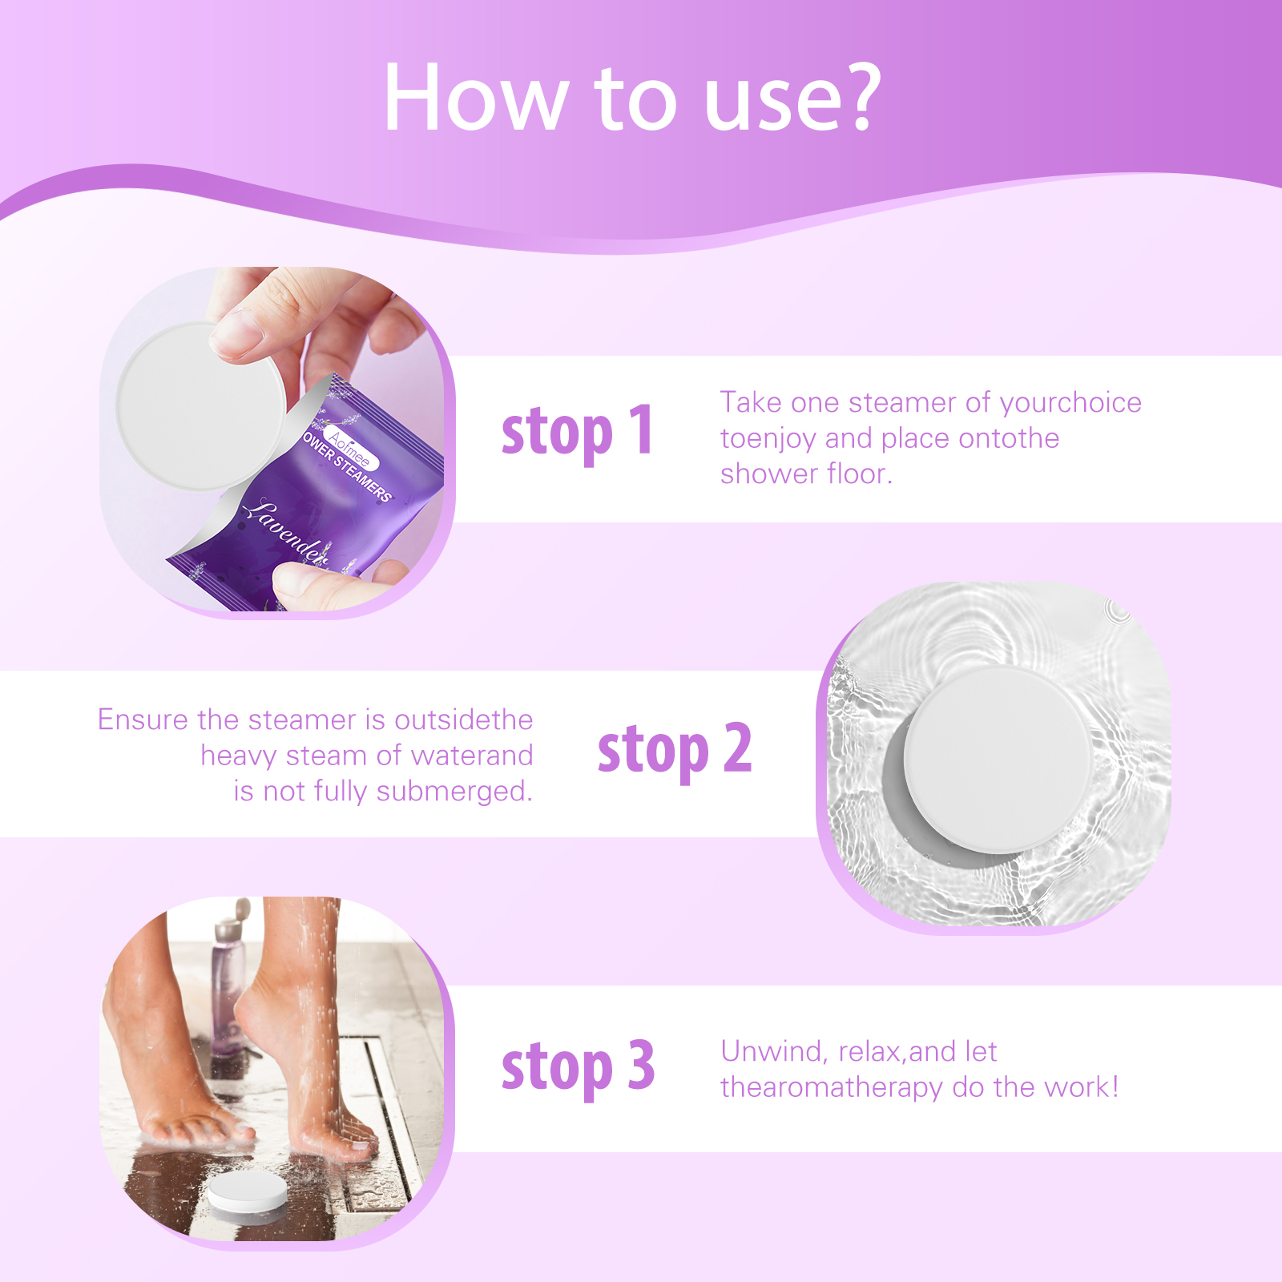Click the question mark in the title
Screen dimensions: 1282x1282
(x=856, y=98)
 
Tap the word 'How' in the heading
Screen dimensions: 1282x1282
(x=474, y=98)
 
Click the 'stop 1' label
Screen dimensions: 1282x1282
(x=577, y=433)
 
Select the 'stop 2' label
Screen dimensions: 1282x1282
(x=674, y=750)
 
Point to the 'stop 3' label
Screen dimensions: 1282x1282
(x=577, y=1067)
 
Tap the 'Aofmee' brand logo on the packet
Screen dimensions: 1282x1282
(x=349, y=447)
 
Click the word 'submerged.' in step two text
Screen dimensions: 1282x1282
(x=454, y=791)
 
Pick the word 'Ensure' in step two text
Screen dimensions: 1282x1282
(x=143, y=720)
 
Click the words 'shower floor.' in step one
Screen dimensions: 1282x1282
(x=805, y=474)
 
